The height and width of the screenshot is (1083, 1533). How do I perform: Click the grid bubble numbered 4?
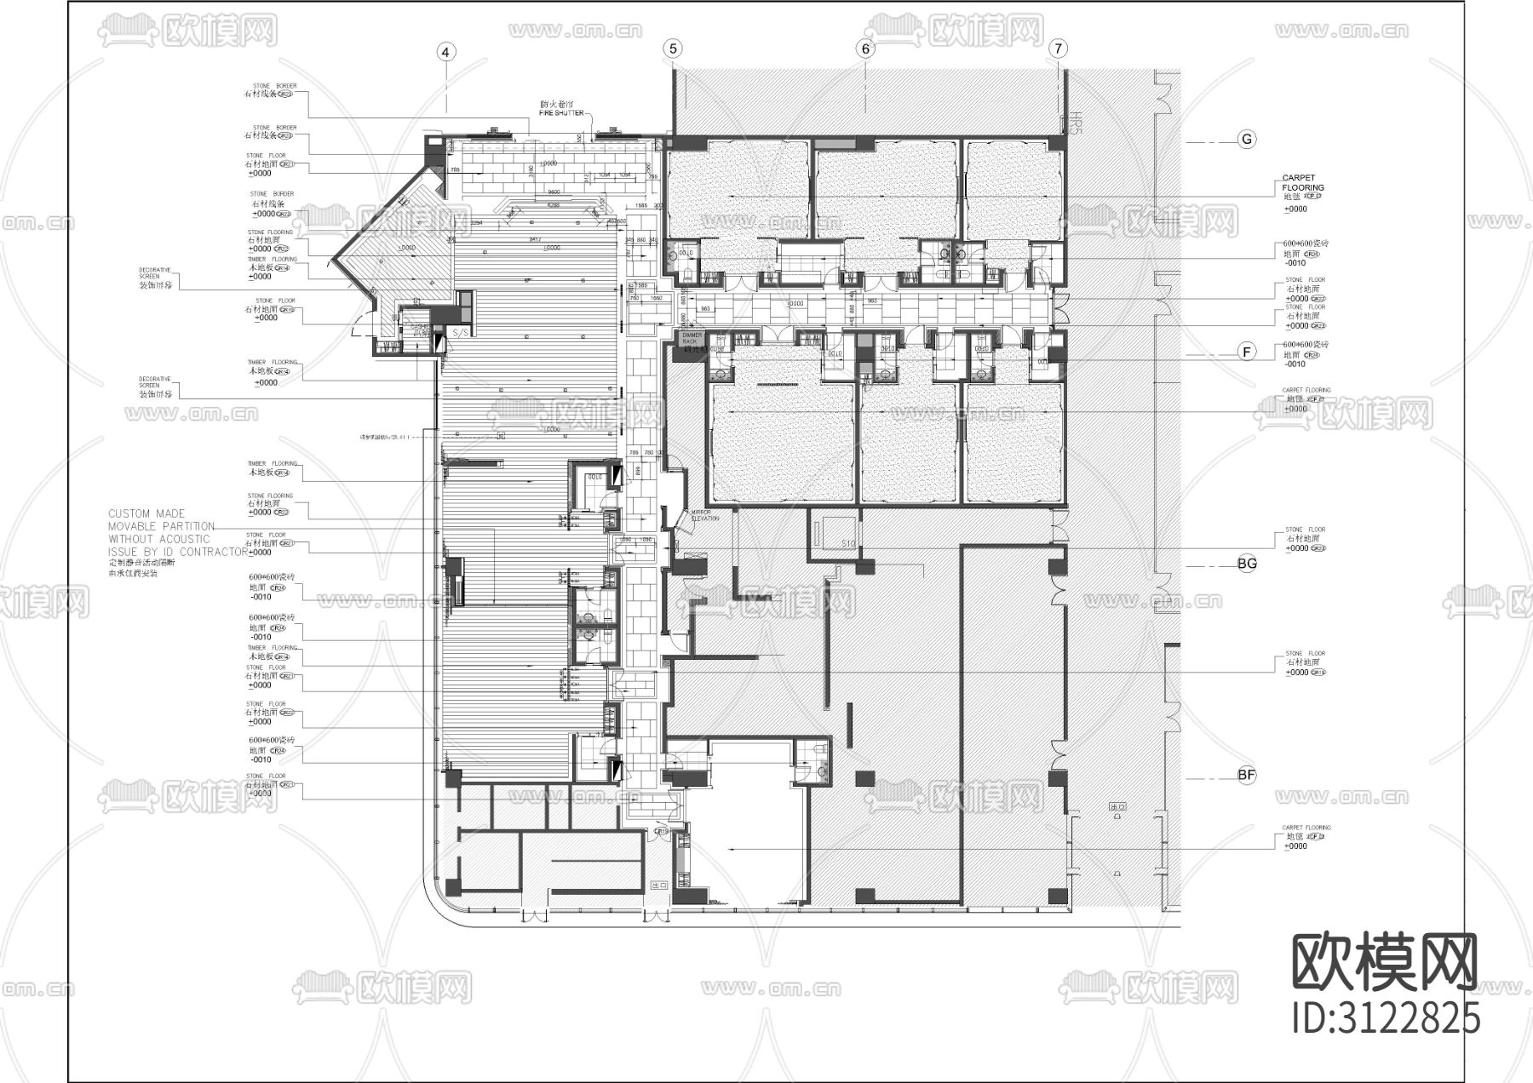click(x=446, y=52)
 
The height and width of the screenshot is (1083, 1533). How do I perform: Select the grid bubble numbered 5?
click(x=674, y=49)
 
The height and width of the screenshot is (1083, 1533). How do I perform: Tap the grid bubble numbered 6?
click(x=865, y=49)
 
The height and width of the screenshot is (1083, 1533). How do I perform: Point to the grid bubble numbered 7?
click(x=1058, y=49)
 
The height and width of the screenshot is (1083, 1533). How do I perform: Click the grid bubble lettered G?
click(x=1247, y=140)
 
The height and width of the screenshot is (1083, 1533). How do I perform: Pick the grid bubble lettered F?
click(x=1247, y=352)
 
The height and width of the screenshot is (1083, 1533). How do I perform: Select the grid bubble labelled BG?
click(x=1247, y=564)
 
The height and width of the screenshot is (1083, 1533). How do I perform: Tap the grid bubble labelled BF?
click(x=1247, y=775)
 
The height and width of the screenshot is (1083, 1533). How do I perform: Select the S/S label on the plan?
click(x=461, y=331)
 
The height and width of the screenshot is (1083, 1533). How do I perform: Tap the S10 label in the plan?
click(x=848, y=542)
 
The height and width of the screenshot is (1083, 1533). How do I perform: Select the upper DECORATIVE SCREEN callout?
click(x=155, y=278)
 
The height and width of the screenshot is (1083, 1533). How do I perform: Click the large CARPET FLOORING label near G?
click(x=1303, y=183)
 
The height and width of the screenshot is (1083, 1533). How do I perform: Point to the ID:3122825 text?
click(x=1386, y=1018)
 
